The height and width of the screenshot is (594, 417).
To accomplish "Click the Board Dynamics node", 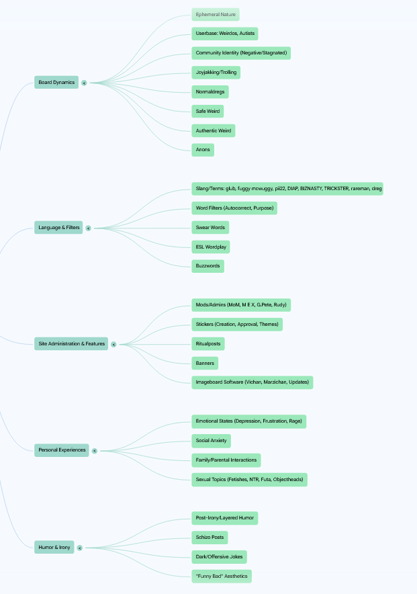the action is click(x=56, y=82).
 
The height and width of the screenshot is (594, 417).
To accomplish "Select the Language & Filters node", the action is click(x=58, y=228).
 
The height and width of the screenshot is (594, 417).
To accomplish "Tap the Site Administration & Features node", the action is click(x=71, y=343).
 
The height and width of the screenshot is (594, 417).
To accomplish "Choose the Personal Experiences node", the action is click(x=62, y=450).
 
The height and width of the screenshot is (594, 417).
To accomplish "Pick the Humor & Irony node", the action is click(x=54, y=547).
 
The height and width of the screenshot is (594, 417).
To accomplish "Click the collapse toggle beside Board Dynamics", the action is click(x=84, y=83).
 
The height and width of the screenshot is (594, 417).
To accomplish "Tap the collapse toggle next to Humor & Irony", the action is click(x=79, y=548).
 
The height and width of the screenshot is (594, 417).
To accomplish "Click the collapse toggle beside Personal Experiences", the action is click(x=95, y=451).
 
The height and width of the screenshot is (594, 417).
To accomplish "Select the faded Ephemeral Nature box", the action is click(x=216, y=14).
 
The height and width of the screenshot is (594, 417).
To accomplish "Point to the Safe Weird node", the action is click(x=207, y=112).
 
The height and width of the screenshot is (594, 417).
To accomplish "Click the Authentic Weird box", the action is click(x=214, y=131).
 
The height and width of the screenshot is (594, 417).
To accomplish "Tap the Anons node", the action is click(x=203, y=150).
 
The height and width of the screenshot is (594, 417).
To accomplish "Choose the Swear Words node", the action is click(x=210, y=228).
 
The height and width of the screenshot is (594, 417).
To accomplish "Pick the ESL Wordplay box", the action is click(x=211, y=247).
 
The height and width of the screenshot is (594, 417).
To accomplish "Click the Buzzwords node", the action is click(x=207, y=266).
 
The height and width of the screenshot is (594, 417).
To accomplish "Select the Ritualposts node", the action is click(x=208, y=344).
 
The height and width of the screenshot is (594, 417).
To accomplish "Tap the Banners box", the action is click(x=205, y=364).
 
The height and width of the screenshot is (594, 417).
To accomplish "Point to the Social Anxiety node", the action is click(x=211, y=441).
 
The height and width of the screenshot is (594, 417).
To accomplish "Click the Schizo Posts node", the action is click(x=210, y=538).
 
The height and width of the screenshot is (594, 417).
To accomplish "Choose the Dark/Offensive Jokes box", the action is click(x=219, y=557).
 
